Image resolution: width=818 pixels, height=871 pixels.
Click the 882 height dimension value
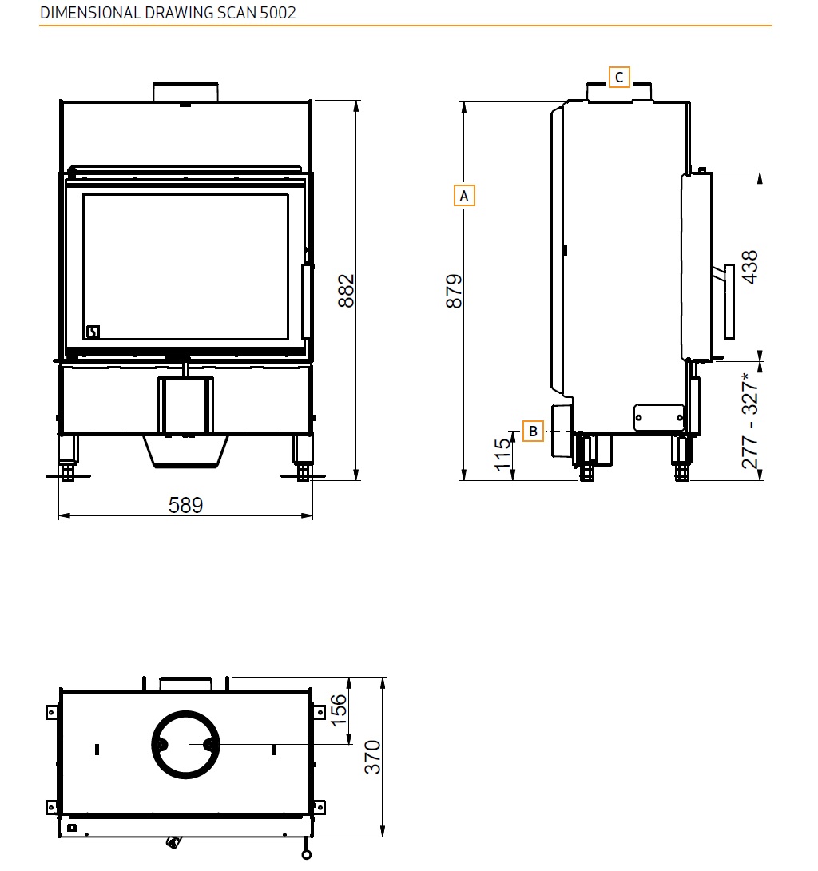coord(345,291)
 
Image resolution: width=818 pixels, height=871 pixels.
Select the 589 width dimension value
coord(185,505)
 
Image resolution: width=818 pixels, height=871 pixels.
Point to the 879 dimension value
coord(454,291)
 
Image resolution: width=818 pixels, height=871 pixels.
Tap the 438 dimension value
coord(749,267)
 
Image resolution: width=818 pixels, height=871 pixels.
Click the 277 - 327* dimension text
coord(749,421)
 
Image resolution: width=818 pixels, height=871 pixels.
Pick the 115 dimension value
coord(502,455)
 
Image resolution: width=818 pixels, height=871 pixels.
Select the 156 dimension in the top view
coord(338,710)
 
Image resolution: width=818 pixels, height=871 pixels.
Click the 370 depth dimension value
coord(372,757)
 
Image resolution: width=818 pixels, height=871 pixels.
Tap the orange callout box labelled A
coord(464,196)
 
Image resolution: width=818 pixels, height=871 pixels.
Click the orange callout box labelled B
coord(533,431)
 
